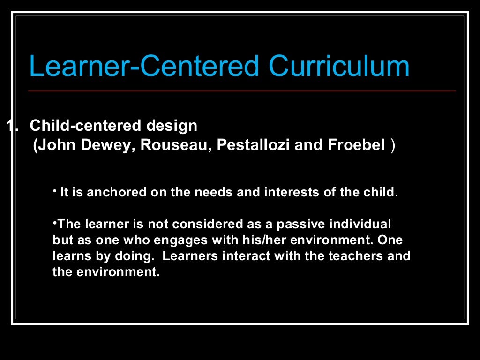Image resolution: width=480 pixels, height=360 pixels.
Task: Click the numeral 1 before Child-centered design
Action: [10, 126]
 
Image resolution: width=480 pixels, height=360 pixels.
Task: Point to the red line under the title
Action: [242, 91]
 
